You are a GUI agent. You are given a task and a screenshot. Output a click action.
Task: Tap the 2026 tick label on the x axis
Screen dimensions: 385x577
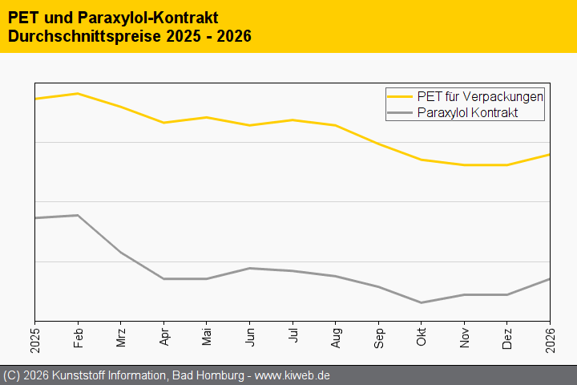pos(550,338)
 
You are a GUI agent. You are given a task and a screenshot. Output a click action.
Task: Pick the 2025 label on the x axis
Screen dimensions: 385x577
pos(35,338)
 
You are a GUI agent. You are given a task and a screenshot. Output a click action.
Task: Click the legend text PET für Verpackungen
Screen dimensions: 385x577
pos(481,96)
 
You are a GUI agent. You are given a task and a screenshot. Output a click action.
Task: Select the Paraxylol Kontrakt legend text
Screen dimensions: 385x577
pos(468,113)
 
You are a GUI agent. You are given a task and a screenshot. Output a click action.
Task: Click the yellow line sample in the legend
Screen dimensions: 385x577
pos(401,96)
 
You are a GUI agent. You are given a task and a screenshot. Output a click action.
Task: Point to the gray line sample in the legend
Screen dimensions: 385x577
pos(401,113)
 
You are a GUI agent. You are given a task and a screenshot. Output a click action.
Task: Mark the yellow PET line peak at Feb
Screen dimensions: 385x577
pos(78,94)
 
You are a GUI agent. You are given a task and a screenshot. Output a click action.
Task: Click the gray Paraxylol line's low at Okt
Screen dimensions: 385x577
pos(421,302)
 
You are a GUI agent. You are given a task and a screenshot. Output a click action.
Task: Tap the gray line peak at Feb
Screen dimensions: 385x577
pos(78,215)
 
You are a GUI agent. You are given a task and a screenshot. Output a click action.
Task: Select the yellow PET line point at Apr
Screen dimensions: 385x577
pos(163,123)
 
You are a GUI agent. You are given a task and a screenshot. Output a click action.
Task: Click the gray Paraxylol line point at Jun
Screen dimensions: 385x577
pos(249,268)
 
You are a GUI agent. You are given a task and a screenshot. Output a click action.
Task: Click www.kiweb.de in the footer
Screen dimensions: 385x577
pos(293,375)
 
